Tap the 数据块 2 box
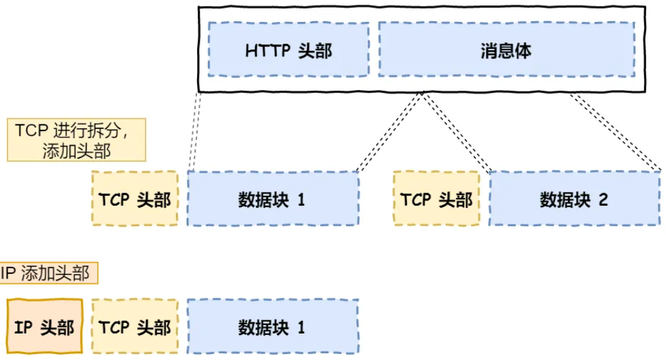[x=574, y=199]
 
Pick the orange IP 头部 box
[x=44, y=327]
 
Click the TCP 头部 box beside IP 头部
[x=135, y=327]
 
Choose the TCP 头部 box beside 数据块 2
[x=437, y=199]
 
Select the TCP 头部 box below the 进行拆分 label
[x=135, y=199]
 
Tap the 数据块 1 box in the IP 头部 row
[x=272, y=327]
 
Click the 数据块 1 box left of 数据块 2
[x=272, y=199]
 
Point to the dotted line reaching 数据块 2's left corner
[x=456, y=132]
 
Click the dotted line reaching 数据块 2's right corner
[x=615, y=132]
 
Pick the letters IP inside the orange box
[x=24, y=328]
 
